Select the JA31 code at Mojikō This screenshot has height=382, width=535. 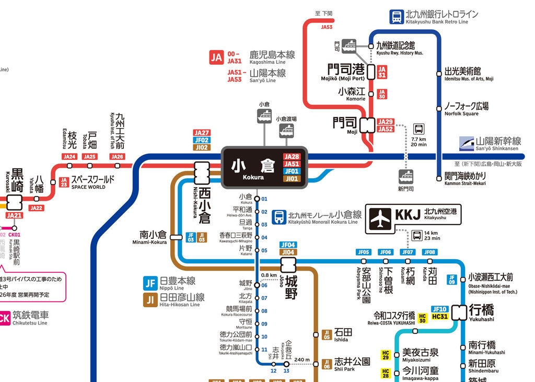(x=382, y=72)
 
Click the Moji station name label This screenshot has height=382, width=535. (x=345, y=123)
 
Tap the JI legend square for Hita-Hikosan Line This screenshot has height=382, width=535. (x=150, y=299)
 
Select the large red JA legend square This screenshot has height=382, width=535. (x=216, y=57)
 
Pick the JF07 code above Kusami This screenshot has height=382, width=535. (x=408, y=252)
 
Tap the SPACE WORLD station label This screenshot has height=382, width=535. (x=92, y=181)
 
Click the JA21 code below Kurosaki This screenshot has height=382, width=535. (x=14, y=215)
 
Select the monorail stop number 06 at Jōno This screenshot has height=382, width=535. (x=264, y=285)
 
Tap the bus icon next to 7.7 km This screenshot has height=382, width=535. (x=419, y=129)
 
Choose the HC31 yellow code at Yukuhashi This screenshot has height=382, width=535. (x=440, y=317)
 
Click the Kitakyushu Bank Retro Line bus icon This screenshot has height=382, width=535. (x=397, y=17)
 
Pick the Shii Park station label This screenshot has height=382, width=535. (x=352, y=363)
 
